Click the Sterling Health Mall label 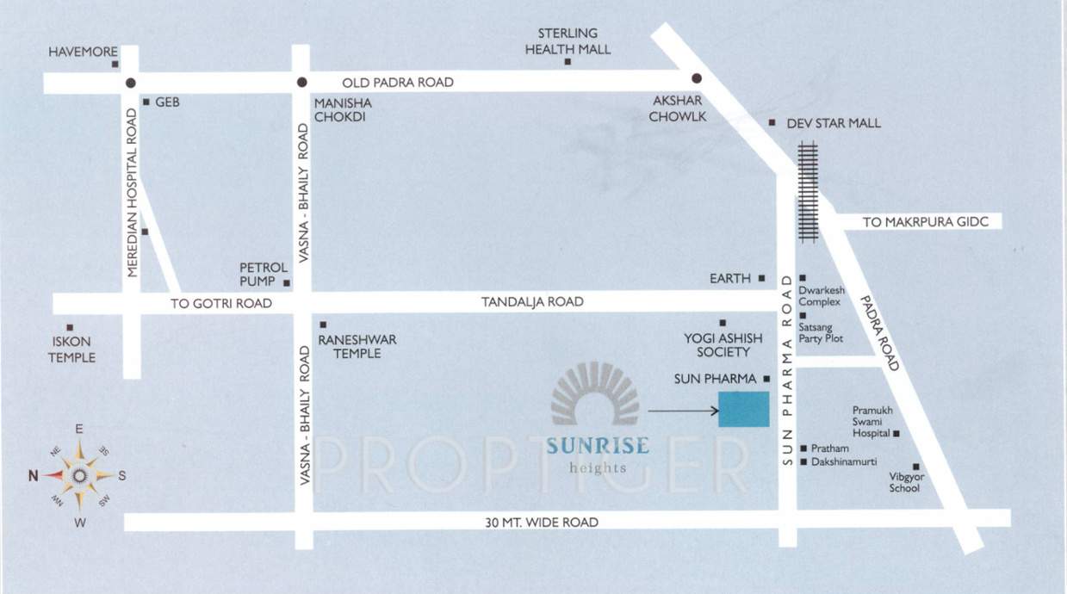[568, 41]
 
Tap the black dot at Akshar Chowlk [697, 78]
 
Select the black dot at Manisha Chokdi [301, 83]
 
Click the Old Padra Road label [398, 83]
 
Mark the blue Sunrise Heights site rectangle [743, 409]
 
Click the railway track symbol [808, 191]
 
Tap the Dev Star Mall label [833, 123]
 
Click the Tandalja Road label [532, 302]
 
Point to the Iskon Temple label [71, 350]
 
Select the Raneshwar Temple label [357, 346]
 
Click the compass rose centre [79, 474]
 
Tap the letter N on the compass [33, 474]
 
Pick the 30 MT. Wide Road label [542, 523]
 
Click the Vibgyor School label [904, 482]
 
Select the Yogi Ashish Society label [717, 345]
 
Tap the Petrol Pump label [257, 274]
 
